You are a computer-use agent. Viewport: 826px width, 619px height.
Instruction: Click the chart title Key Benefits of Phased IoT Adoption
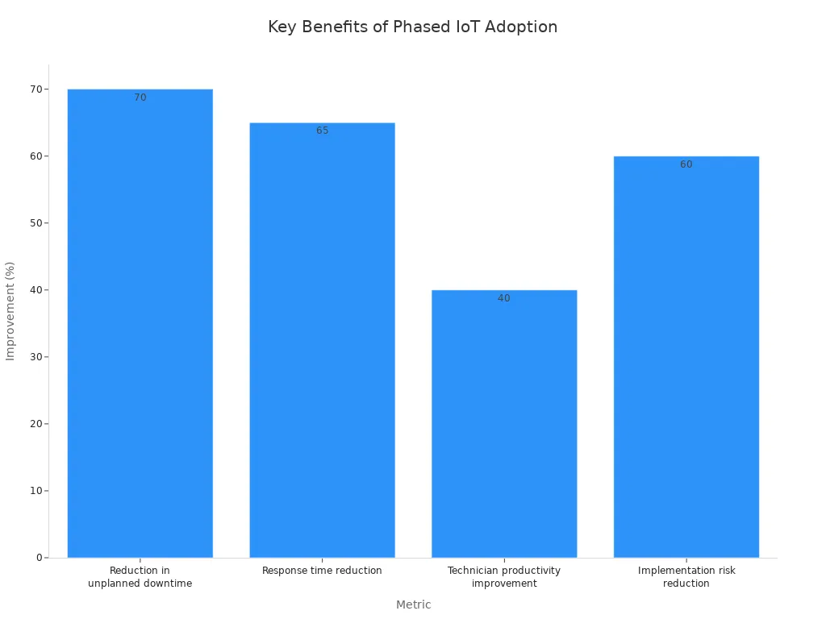coord(412,27)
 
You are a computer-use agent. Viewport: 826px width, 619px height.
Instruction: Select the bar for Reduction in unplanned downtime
coord(140,323)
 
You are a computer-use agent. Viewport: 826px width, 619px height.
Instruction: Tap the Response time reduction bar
coord(323,340)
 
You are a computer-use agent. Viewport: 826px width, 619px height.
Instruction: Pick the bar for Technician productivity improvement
coord(504,424)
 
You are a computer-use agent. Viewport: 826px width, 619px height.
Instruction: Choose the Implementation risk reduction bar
coord(686,357)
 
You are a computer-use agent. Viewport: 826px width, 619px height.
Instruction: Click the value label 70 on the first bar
coord(140,98)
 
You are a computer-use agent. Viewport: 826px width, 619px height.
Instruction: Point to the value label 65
coord(323,131)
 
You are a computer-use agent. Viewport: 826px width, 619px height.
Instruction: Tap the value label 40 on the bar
coord(504,298)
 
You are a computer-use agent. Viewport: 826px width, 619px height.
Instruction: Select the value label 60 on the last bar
coord(686,164)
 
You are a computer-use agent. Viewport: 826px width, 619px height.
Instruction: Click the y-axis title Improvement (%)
coord(10,311)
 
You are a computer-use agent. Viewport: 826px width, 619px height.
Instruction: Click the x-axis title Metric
coord(414,604)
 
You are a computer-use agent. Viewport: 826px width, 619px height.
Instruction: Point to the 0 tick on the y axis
coord(40,558)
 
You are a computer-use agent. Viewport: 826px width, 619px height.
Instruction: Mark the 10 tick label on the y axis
coord(36,491)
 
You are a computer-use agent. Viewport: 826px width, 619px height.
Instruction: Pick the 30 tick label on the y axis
coord(36,357)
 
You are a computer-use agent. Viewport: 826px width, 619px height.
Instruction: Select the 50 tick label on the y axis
coord(36,223)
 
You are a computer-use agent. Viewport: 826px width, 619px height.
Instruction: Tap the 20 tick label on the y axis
coord(36,424)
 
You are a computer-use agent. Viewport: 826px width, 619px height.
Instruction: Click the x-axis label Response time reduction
coord(322,571)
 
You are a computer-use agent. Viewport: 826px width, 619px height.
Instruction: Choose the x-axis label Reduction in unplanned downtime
coord(140,577)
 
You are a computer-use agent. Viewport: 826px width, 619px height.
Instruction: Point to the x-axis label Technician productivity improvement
coord(504,577)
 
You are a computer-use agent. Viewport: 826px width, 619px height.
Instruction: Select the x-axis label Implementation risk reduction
coord(686,577)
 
